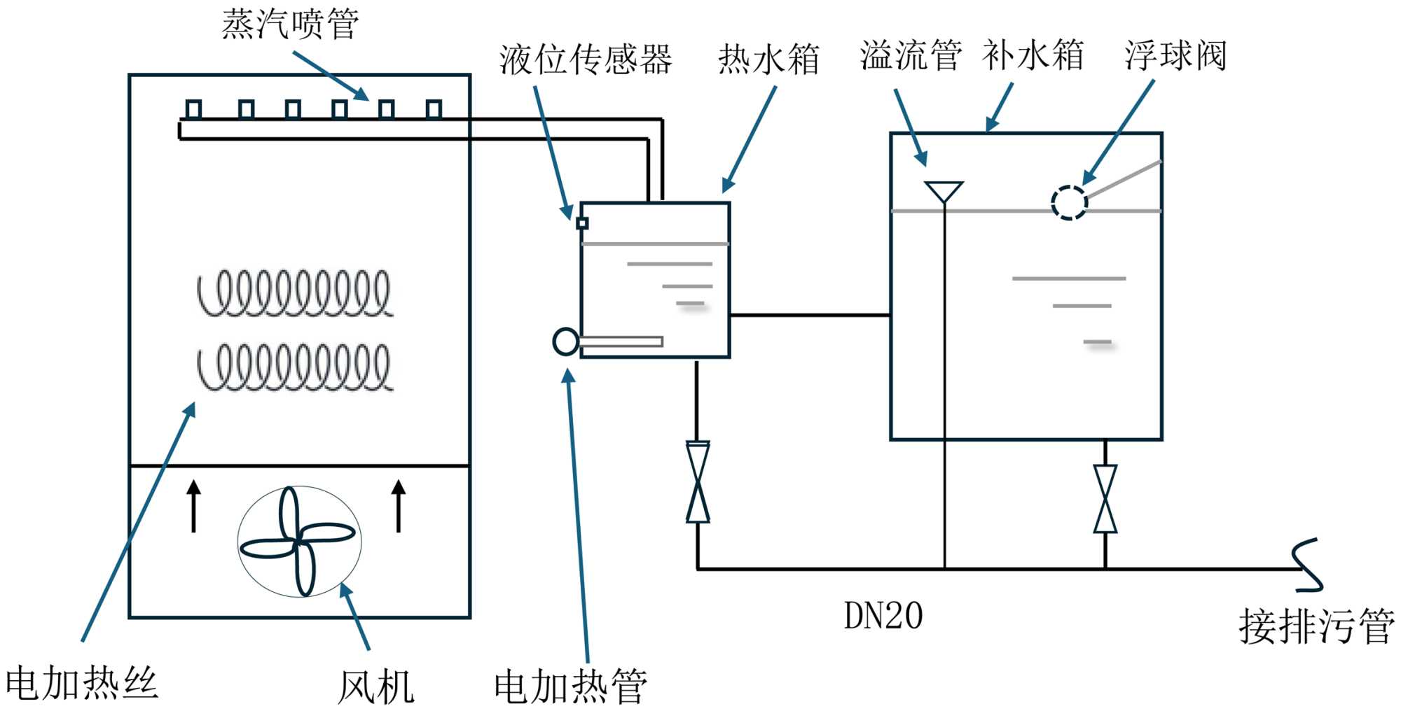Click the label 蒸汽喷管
tap(290, 24)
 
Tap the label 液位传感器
tap(586, 59)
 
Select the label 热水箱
tap(768, 59)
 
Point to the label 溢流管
tap(911, 56)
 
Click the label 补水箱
tap(1033, 56)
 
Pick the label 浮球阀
tap(1175, 56)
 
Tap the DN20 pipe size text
tap(883, 617)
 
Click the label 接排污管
tap(1316, 626)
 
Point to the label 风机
tap(376, 687)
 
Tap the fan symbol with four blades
tap(299, 542)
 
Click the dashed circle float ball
tap(1069, 203)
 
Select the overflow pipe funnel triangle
tap(944, 191)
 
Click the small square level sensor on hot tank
tap(582, 223)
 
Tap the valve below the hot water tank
tap(698, 482)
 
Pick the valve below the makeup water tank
tap(1105, 499)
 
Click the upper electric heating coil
tap(294, 293)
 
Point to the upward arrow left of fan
tap(194, 505)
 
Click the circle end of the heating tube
tap(566, 342)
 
